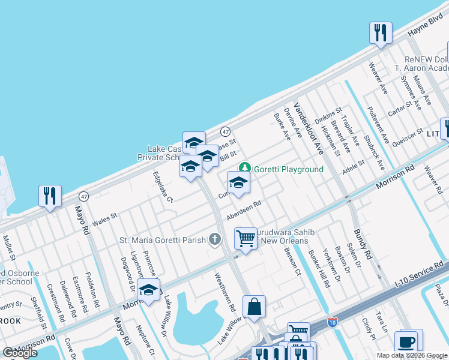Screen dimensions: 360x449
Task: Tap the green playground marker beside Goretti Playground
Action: click(x=244, y=167)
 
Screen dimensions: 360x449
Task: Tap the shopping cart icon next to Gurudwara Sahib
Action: click(x=246, y=238)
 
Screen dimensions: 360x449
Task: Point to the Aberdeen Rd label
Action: click(x=244, y=211)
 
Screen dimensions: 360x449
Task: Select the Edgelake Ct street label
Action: click(x=163, y=187)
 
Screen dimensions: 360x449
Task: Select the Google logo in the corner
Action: click(x=20, y=353)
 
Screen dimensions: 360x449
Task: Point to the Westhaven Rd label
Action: click(x=225, y=292)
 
